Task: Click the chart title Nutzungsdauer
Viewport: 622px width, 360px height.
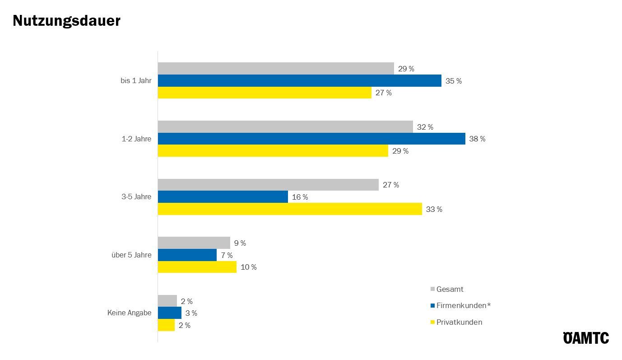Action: pyautogui.click(x=66, y=21)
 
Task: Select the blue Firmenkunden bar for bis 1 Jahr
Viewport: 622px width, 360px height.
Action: pyautogui.click(x=299, y=81)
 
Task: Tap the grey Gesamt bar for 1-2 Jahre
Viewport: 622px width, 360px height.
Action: pyautogui.click(x=285, y=127)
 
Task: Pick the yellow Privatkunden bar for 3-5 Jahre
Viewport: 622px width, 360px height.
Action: pyautogui.click(x=290, y=209)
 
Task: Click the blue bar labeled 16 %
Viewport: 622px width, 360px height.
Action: pyautogui.click(x=223, y=197)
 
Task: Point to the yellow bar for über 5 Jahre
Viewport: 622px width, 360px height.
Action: pyautogui.click(x=197, y=267)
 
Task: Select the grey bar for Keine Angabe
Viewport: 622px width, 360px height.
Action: pyautogui.click(x=167, y=301)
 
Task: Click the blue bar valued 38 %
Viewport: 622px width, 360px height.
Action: pyautogui.click(x=311, y=139)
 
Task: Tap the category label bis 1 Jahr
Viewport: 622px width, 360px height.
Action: pyautogui.click(x=136, y=81)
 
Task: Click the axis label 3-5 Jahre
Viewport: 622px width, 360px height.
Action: pyautogui.click(x=136, y=197)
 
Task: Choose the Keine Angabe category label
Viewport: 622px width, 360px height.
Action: pyautogui.click(x=129, y=313)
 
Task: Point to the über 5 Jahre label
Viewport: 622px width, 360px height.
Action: pyautogui.click(x=131, y=255)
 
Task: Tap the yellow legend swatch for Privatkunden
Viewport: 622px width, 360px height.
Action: pyautogui.click(x=432, y=323)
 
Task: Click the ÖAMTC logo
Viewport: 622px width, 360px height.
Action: pyautogui.click(x=586, y=337)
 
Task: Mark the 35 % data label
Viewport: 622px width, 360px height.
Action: pyautogui.click(x=454, y=81)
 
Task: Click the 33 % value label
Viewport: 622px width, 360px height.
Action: pyautogui.click(x=434, y=210)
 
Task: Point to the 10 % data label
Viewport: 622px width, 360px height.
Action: pyautogui.click(x=249, y=267)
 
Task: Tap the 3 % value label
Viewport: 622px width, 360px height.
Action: pyautogui.click(x=191, y=313)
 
